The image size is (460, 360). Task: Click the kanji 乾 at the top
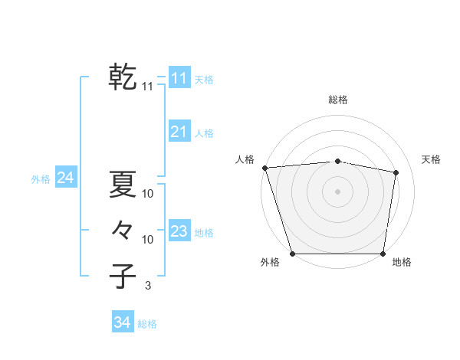(x=123, y=77)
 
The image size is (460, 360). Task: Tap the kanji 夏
(x=123, y=184)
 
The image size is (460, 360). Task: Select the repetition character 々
(x=123, y=230)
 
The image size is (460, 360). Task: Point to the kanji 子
(x=123, y=276)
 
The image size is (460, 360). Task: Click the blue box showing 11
(x=179, y=78)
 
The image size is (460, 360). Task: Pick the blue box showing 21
(x=179, y=132)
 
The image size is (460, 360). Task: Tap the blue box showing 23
(x=179, y=231)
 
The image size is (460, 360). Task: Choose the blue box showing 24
(x=65, y=178)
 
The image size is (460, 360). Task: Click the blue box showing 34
(x=122, y=322)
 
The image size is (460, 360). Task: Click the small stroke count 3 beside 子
(x=148, y=286)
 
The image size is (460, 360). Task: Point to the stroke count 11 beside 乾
(x=148, y=87)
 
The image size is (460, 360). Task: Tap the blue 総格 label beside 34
(x=147, y=324)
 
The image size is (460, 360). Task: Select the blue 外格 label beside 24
(x=41, y=179)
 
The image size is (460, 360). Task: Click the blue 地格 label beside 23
(x=205, y=233)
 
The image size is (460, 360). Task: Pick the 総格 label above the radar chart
(x=338, y=100)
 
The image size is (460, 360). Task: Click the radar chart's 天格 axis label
(x=431, y=159)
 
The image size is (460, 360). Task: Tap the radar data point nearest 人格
(x=264, y=168)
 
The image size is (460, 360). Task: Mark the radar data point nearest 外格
(x=293, y=254)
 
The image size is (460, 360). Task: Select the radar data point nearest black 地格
(x=383, y=254)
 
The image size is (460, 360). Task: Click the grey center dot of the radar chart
(x=338, y=191)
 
